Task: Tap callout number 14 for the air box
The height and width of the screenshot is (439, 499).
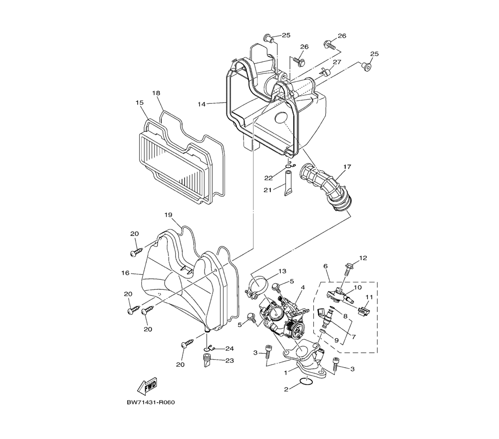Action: [x=202, y=104]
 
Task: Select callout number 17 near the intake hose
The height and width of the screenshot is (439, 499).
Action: [x=347, y=166]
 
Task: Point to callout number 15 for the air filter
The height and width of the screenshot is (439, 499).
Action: [x=139, y=102]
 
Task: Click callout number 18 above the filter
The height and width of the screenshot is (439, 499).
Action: [x=156, y=93]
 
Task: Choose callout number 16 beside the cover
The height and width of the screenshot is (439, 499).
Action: [x=125, y=273]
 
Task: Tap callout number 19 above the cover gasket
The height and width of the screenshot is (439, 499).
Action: [x=168, y=215]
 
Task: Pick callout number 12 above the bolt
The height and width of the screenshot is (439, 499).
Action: [x=363, y=258]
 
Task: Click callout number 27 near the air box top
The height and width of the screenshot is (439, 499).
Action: [x=337, y=62]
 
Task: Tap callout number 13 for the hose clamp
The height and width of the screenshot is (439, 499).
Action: [x=282, y=271]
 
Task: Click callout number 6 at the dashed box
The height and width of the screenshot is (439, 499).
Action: [x=325, y=266]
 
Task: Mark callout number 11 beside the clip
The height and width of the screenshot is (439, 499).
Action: [x=369, y=297]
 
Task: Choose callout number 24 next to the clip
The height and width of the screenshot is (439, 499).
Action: [x=229, y=348]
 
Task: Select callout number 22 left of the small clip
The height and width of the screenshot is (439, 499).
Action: [x=268, y=178]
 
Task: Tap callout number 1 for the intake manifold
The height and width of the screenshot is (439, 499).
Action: [x=285, y=372]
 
